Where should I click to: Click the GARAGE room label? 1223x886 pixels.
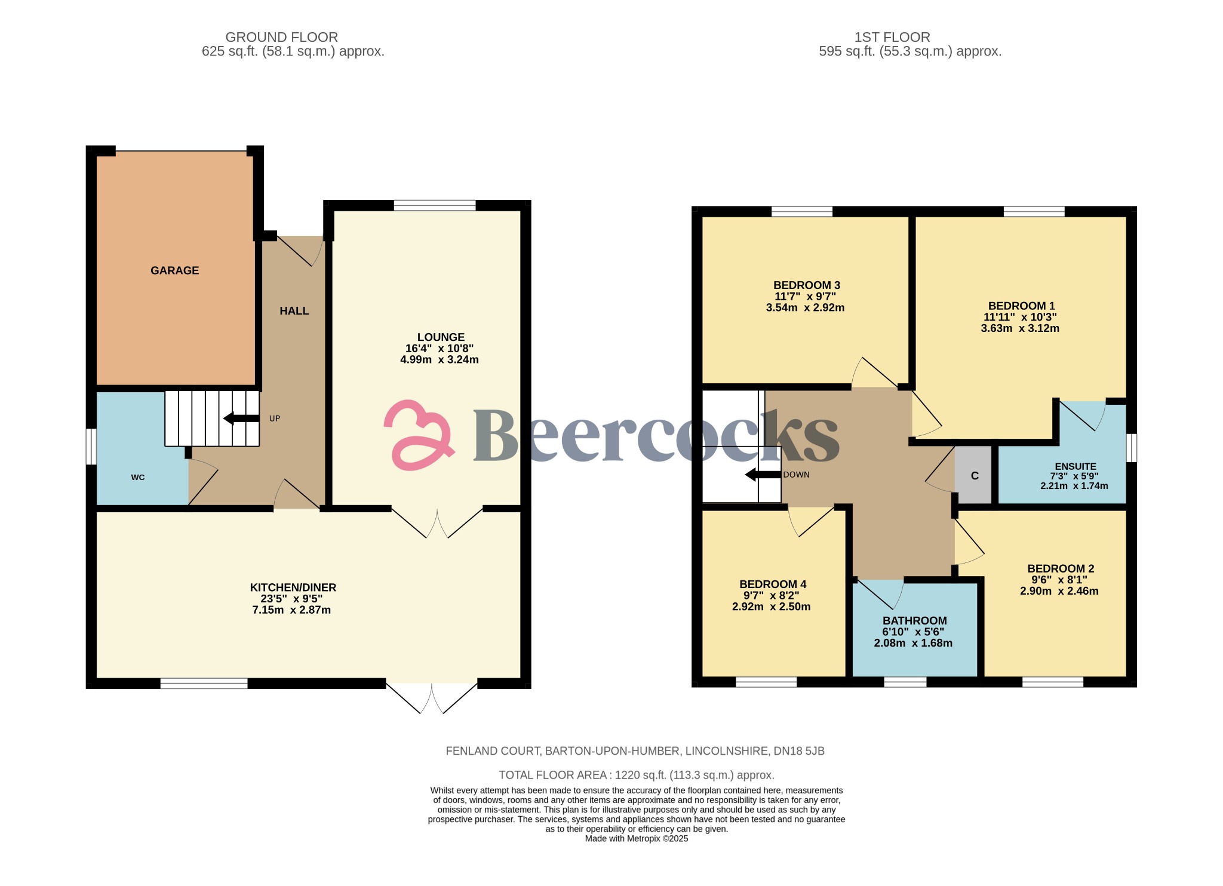[x=174, y=270]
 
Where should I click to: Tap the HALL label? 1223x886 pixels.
[x=294, y=311]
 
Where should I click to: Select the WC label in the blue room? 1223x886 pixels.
[x=138, y=478]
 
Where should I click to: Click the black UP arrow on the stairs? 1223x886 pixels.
[x=241, y=419]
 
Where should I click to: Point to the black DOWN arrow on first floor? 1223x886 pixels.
[x=763, y=475]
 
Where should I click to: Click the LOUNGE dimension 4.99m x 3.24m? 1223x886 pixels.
[x=439, y=360]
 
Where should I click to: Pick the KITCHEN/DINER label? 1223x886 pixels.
[x=293, y=587]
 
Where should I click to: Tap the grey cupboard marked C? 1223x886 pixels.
[x=975, y=476]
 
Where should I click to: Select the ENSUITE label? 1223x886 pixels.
[x=1075, y=467]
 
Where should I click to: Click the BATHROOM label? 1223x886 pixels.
[x=914, y=621]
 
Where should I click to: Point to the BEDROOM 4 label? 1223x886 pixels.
[x=772, y=584]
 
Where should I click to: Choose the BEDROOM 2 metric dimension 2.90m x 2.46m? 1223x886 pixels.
[x=1059, y=591]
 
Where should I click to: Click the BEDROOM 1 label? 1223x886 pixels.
[x=1021, y=306]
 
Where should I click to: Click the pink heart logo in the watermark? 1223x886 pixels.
[x=417, y=435]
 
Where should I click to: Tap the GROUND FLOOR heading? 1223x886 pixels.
[x=281, y=37]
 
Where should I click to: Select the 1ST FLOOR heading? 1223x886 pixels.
[x=892, y=37]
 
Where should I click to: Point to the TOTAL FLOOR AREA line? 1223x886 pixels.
[x=636, y=775]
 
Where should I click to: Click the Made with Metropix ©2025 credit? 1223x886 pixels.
[x=636, y=838]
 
